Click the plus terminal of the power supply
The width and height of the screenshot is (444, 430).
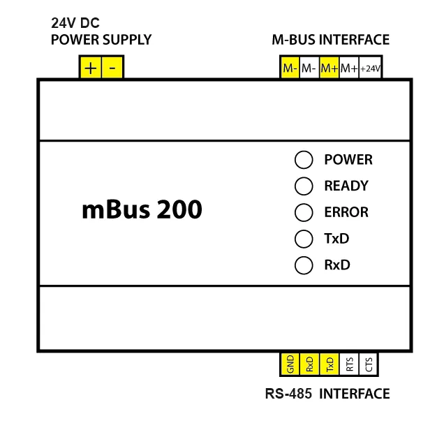[91, 68]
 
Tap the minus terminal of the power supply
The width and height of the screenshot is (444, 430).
[113, 68]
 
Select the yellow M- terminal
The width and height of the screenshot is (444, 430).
[290, 68]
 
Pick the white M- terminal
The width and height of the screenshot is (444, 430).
[309, 68]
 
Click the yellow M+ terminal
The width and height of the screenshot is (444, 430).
[330, 68]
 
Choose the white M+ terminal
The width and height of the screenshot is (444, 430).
[349, 68]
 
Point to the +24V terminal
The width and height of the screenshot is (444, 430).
[370, 68]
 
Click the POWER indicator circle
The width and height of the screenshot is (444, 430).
[304, 160]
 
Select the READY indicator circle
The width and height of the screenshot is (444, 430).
[304, 186]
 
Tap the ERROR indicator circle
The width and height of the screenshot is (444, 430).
[304, 213]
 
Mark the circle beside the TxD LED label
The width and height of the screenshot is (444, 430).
[304, 239]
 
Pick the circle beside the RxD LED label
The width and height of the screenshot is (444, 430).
[304, 266]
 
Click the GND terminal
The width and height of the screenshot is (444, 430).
[290, 364]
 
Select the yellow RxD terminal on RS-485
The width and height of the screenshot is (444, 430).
[309, 364]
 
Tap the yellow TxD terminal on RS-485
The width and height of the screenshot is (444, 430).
[330, 364]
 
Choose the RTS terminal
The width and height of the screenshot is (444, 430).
[349, 364]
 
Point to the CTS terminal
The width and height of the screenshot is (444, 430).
[369, 364]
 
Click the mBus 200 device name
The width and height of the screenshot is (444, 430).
[142, 209]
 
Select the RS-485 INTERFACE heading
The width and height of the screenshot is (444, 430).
[327, 394]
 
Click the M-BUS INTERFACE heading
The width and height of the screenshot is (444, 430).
[330, 40]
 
